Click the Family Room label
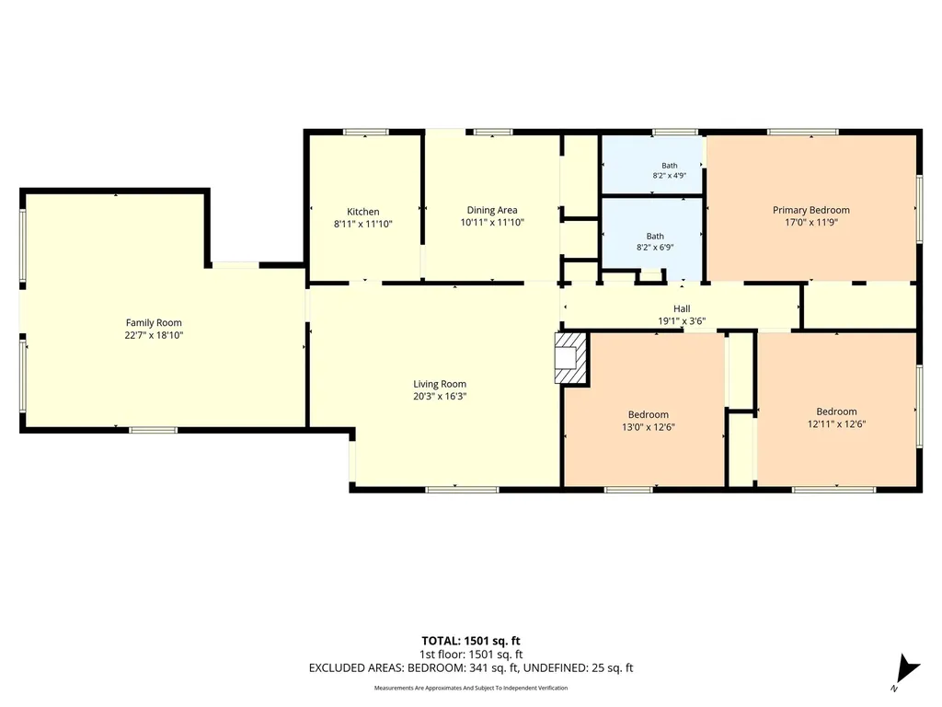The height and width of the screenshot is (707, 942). (154, 323)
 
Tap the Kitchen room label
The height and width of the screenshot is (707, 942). (362, 212)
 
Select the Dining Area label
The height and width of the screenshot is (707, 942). (492, 210)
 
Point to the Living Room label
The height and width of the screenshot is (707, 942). (440, 384)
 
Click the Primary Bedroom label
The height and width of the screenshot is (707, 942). (811, 210)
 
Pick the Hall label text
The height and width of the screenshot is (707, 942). (682, 308)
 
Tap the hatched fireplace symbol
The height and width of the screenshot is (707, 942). (570, 358)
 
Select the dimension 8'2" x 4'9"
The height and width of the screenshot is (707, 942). (670, 176)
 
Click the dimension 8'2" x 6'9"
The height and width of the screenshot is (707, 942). (655, 247)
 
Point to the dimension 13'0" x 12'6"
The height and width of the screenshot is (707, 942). (649, 427)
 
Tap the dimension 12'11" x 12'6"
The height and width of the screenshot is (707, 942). (836, 423)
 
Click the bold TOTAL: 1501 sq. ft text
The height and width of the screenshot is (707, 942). (471, 641)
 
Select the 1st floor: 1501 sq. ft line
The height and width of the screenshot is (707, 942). (471, 655)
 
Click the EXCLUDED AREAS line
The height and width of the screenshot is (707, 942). (471, 668)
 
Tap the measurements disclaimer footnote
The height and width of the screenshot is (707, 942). (471, 688)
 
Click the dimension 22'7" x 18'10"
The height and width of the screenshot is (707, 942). (154, 335)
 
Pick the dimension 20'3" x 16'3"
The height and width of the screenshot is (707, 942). (440, 396)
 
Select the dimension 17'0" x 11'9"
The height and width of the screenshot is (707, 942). (811, 223)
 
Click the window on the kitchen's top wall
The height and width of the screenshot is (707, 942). (366, 133)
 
